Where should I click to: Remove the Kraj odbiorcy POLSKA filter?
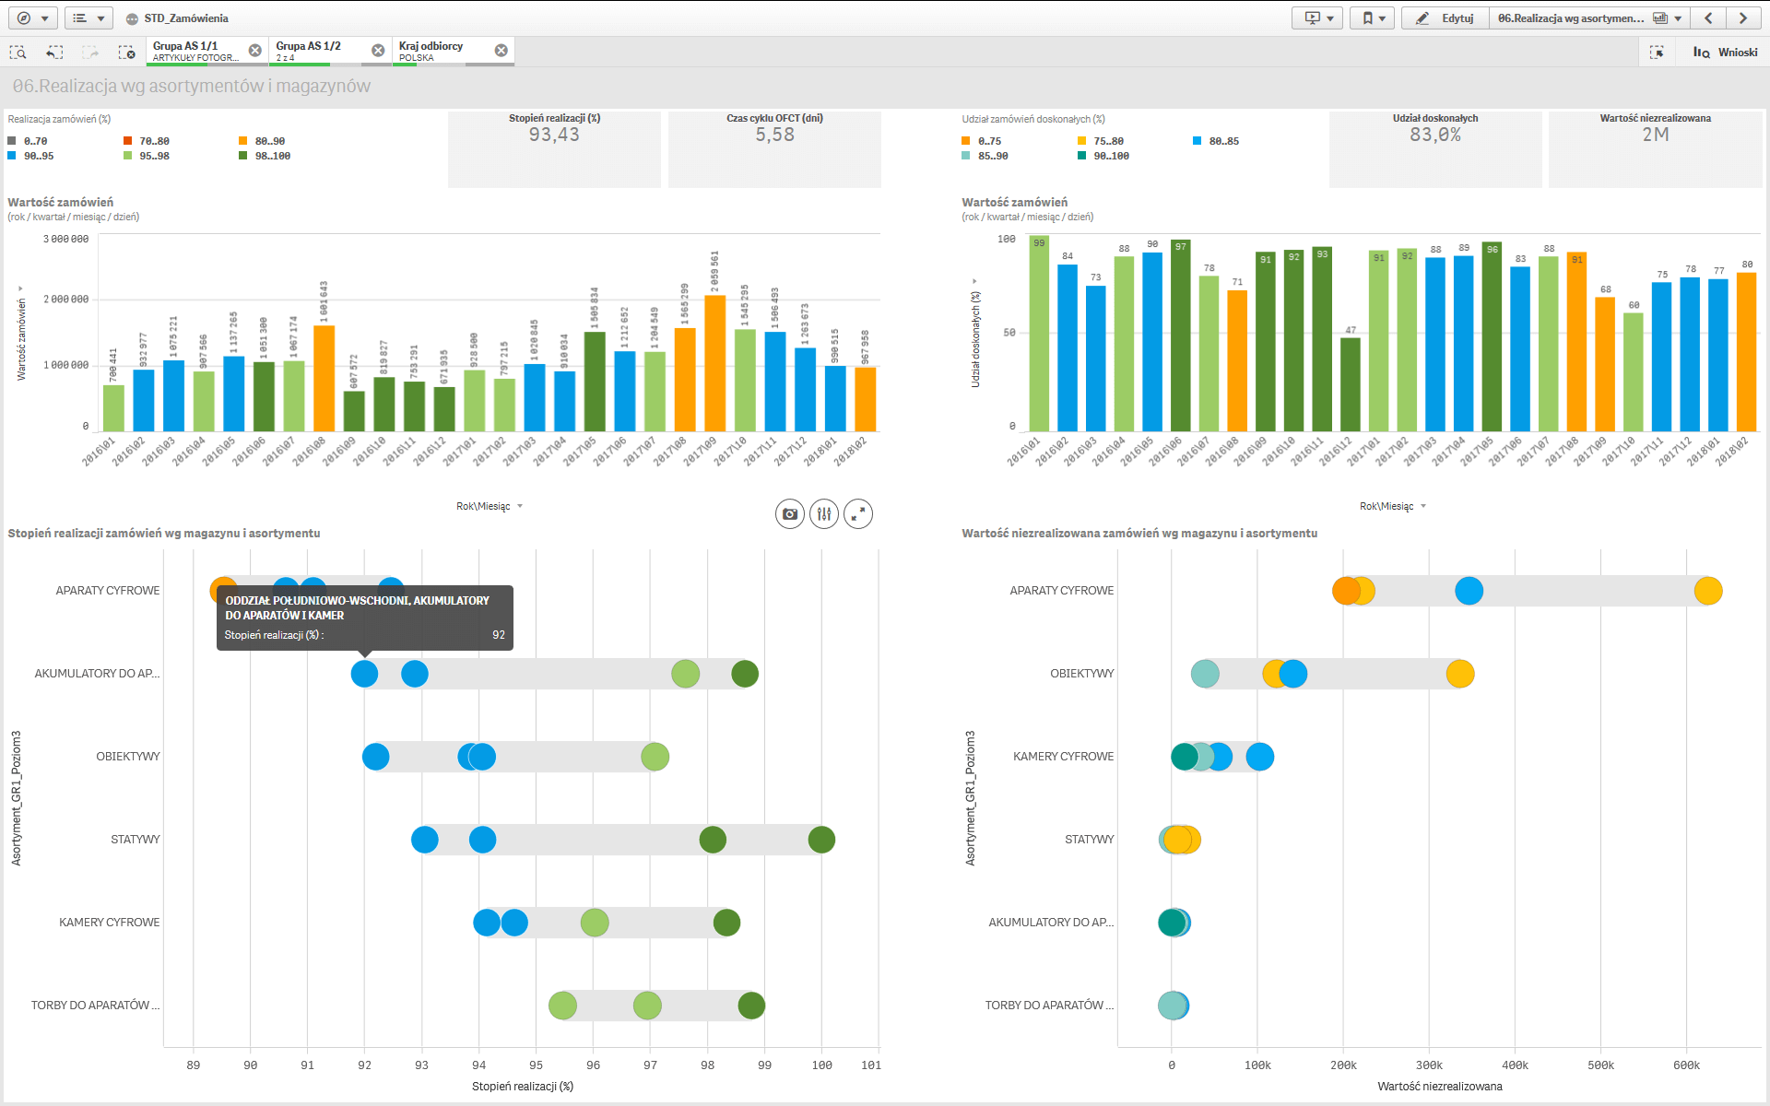point(501,51)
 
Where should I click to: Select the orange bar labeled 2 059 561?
point(715,363)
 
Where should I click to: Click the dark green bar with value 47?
point(1350,384)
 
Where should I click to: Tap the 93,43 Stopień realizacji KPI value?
point(554,135)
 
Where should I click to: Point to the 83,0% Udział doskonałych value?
point(1434,135)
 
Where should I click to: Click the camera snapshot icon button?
point(790,514)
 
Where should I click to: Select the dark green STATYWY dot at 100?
point(821,840)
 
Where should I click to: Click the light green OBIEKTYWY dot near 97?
point(655,757)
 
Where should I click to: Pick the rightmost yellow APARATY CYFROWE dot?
point(1708,591)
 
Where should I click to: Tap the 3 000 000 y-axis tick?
point(66,240)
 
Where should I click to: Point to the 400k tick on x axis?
point(1515,1065)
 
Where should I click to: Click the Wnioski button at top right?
point(1726,53)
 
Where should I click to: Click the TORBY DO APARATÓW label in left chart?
point(95,1006)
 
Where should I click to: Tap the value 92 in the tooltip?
point(499,635)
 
